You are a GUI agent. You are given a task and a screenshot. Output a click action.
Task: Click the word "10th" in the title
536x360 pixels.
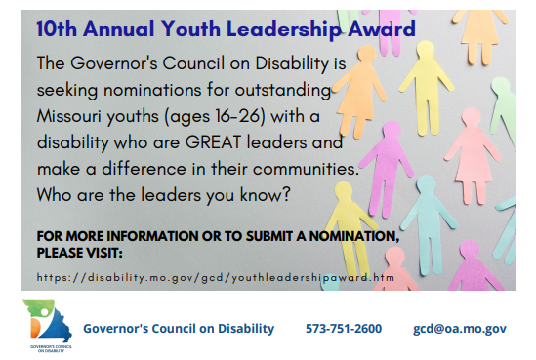[x=57, y=28]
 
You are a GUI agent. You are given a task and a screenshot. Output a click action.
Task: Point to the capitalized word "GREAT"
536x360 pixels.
[x=213, y=142]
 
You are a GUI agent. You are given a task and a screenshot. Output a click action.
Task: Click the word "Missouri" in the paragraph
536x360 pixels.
[x=68, y=116]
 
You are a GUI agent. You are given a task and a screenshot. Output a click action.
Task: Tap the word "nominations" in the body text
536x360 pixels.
[x=152, y=90]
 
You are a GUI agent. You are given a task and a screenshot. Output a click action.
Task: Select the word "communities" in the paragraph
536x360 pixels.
[x=306, y=169]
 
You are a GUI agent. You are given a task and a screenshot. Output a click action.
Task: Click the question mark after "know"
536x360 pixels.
[x=286, y=195]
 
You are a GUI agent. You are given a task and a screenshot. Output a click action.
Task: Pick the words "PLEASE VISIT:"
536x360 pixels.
[x=80, y=253]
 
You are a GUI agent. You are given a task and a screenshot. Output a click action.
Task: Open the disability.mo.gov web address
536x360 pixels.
[x=216, y=278]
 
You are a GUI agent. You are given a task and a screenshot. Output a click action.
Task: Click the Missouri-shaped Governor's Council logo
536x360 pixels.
[x=47, y=325]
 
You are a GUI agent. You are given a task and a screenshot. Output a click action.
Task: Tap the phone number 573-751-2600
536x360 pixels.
[x=344, y=329]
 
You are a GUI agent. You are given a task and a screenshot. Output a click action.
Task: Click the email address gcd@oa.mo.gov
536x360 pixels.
[x=460, y=329]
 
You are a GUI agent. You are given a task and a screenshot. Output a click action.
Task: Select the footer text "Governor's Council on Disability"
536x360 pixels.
[x=179, y=329]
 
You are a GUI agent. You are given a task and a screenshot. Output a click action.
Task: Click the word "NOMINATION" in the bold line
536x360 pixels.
[x=354, y=236]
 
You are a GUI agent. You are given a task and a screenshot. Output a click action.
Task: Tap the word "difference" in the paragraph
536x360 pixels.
[x=144, y=169]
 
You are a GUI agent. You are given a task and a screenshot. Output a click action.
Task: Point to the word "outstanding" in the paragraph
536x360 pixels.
[x=283, y=91]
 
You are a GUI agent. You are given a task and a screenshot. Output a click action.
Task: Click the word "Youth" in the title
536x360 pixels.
[x=190, y=28]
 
